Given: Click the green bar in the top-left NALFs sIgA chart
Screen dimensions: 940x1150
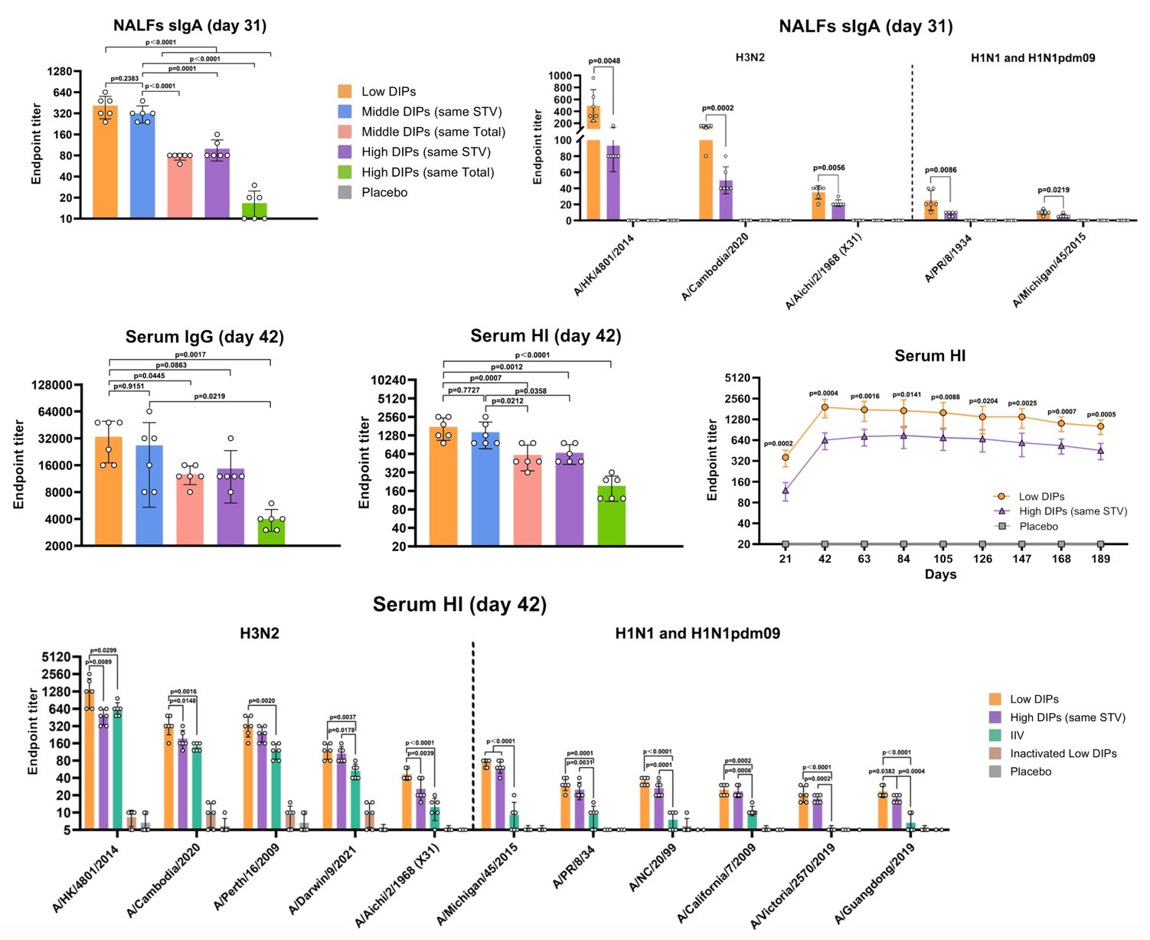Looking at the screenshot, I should (x=254, y=211).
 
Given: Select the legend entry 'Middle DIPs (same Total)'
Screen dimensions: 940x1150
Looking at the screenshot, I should (x=433, y=132).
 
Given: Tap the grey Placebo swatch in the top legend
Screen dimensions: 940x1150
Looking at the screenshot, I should (x=345, y=192).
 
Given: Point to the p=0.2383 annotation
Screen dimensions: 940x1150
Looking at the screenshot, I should (x=125, y=79).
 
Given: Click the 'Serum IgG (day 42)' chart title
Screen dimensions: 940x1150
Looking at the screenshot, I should (x=204, y=337).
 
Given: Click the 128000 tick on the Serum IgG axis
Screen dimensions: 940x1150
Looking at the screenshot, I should (x=52, y=385).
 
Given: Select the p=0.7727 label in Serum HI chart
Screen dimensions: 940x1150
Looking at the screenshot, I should (x=463, y=390).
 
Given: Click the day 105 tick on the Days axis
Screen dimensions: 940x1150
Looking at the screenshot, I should (x=943, y=559).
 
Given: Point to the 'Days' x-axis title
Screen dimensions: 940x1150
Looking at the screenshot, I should (x=940, y=574).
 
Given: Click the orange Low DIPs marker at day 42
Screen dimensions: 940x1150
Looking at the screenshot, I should (x=825, y=406).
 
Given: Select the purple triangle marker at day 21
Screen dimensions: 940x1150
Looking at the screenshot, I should (x=786, y=491).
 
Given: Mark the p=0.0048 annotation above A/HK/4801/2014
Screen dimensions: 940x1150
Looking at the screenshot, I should (x=604, y=61).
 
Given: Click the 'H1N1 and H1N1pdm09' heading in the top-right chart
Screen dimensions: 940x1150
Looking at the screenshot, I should (x=1032, y=57).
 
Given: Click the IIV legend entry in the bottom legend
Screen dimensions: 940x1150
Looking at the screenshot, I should (x=1016, y=735).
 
